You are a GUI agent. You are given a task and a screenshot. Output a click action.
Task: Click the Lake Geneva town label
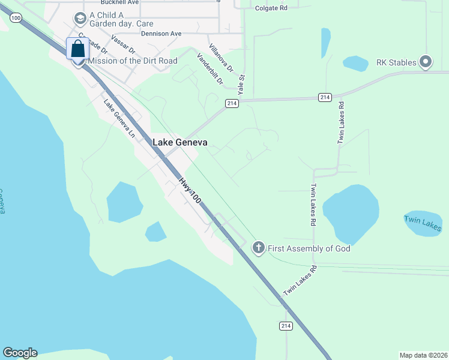[180, 143]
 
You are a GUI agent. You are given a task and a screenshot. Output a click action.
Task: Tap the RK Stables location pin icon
[426, 61]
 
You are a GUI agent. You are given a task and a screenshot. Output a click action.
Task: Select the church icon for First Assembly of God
[258, 248]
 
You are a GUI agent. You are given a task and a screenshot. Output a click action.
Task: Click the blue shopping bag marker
[77, 49]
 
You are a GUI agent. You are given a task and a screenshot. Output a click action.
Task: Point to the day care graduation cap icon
[79, 19]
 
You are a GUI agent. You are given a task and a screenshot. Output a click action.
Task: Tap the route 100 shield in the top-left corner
[16, 19]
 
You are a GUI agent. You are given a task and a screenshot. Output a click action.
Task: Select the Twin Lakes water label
[423, 223]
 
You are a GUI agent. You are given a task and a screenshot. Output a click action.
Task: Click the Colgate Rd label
[272, 8]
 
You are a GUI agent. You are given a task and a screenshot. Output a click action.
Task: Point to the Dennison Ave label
[161, 34]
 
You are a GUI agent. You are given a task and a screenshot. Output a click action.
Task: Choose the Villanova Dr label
[221, 58]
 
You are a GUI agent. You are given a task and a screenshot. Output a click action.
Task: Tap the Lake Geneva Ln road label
[118, 118]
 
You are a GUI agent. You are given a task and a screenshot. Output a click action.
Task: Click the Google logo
[20, 353]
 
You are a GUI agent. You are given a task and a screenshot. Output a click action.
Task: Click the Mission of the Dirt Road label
[133, 61]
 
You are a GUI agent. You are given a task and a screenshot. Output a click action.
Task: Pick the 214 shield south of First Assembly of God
[286, 325]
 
